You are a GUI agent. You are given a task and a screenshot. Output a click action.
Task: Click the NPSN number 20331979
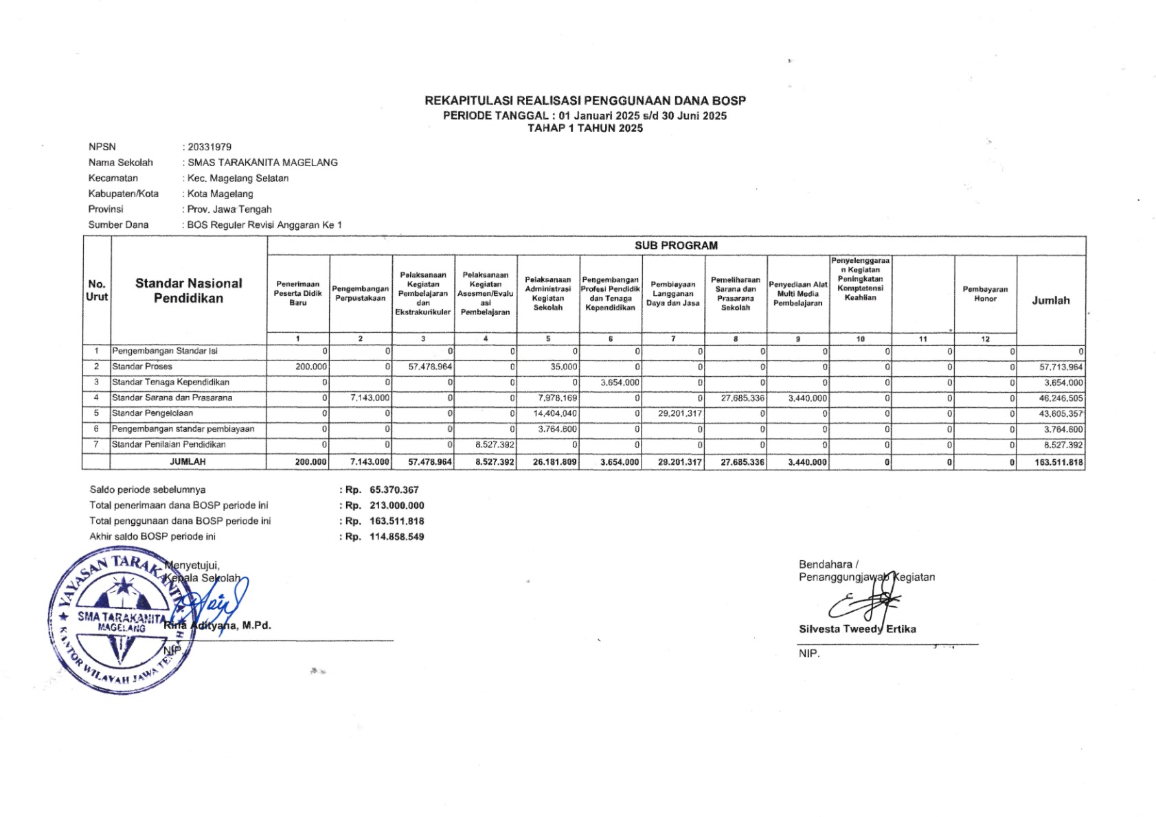point(209,147)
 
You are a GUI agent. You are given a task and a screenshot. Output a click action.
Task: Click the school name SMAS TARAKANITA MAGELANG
point(262,163)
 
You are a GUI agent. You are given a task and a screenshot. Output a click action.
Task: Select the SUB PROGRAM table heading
point(676,246)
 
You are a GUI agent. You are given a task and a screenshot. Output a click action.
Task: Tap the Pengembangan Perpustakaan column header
point(361,293)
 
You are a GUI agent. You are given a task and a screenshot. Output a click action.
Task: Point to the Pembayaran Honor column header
point(985,294)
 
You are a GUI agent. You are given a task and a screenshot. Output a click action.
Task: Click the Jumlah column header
point(1050,301)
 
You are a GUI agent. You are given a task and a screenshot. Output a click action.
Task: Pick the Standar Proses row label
point(142,367)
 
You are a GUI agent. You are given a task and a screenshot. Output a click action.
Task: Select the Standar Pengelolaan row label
point(152,413)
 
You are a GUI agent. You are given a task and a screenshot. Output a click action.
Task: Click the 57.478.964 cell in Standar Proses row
point(430,367)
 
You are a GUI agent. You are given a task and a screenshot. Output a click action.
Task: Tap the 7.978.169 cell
point(558,398)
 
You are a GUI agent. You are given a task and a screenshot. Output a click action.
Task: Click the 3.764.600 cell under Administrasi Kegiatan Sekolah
point(557,429)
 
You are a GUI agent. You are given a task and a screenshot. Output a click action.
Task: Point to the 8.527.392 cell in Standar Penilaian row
point(495,445)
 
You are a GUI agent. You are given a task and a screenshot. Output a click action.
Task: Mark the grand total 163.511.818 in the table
point(1058,463)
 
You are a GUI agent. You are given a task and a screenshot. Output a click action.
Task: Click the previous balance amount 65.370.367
point(394,490)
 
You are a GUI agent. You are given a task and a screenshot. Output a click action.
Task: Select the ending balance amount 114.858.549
point(396,537)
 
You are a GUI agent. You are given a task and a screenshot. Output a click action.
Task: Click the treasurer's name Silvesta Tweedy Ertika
point(857,629)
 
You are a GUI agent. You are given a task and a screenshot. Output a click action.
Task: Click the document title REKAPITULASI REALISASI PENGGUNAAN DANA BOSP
point(585,101)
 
